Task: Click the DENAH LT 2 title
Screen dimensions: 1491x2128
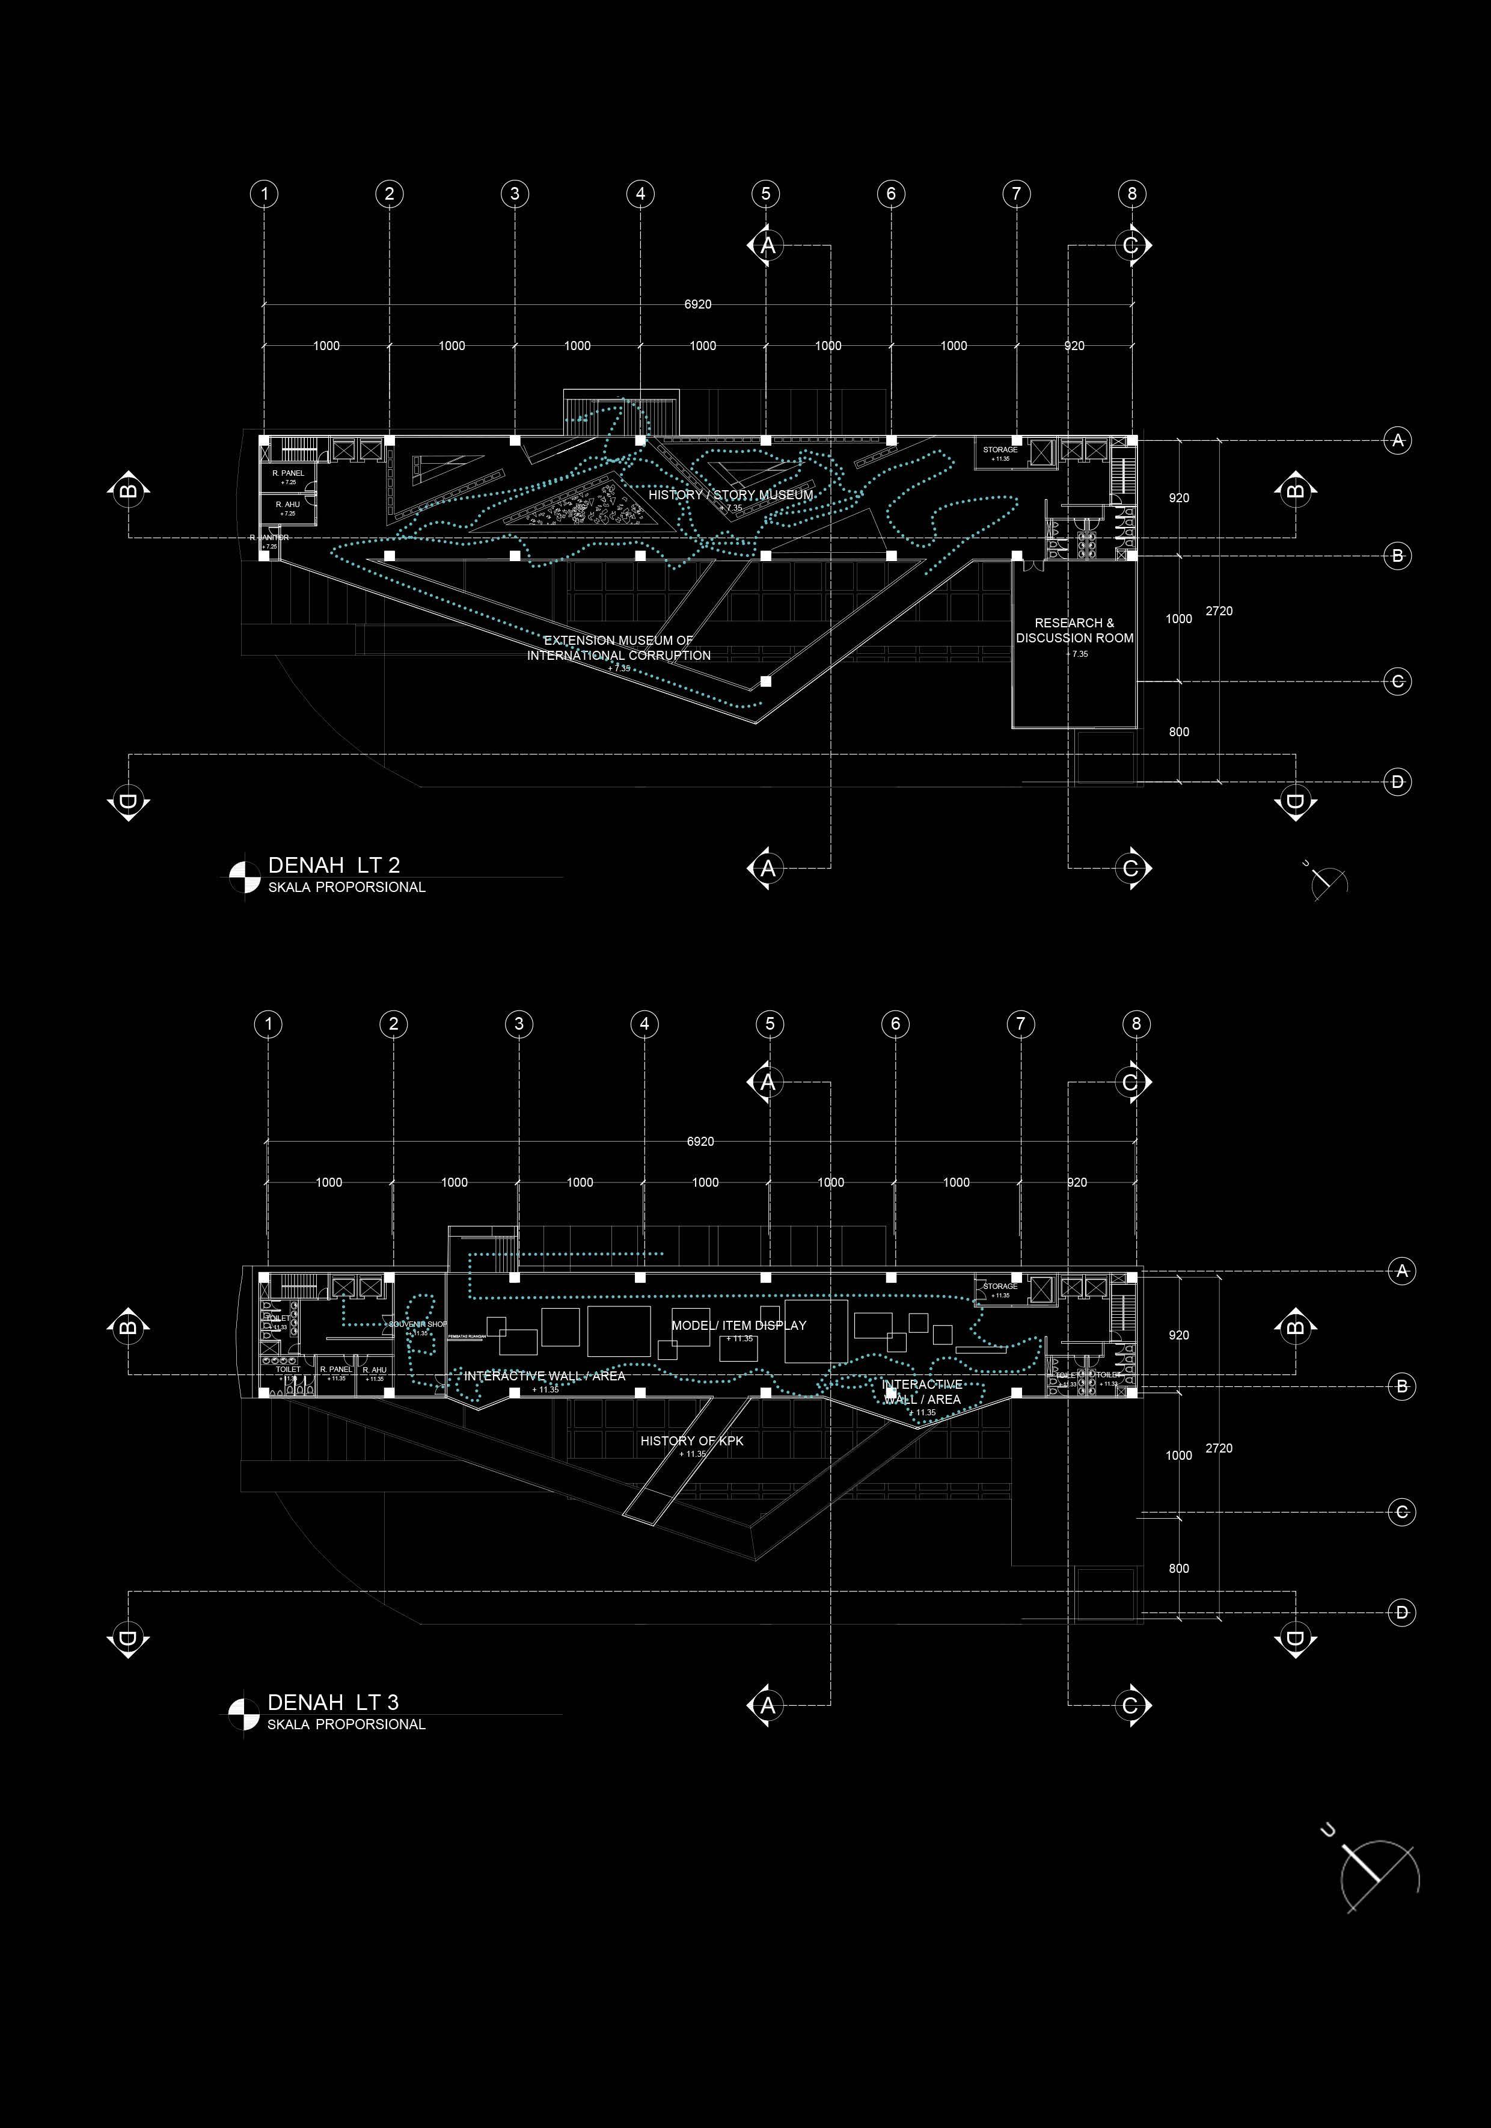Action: tap(334, 865)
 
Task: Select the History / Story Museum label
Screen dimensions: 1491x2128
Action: tap(730, 495)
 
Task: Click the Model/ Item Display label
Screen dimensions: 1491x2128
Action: tap(738, 1326)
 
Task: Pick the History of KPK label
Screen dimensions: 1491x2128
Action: tap(691, 1441)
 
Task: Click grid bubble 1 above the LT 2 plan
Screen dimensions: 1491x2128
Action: tap(265, 194)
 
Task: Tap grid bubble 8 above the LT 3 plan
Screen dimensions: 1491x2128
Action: tap(1136, 1024)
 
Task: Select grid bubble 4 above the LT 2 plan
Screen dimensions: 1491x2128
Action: tap(640, 194)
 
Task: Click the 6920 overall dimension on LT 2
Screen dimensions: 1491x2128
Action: tap(698, 304)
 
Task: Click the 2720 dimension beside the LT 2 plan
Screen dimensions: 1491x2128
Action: tap(1219, 610)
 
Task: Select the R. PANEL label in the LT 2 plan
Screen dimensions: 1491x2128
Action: tap(288, 473)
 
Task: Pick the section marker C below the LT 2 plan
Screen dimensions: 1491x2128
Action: tap(1130, 869)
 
